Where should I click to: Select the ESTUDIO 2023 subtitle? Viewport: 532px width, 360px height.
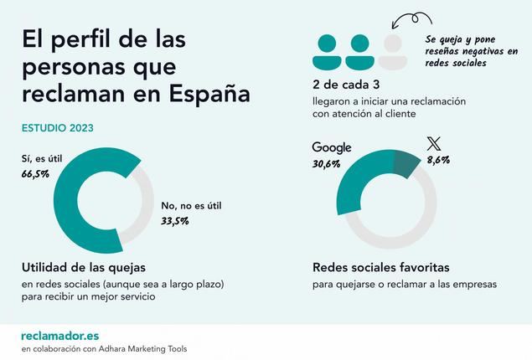point(57,128)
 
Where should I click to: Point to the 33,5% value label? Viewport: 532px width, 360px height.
point(175,221)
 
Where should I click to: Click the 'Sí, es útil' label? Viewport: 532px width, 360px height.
point(43,158)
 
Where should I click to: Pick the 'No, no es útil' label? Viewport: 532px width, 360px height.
point(193,206)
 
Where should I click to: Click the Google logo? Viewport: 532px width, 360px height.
point(332,148)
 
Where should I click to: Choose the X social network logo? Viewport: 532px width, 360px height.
point(433,143)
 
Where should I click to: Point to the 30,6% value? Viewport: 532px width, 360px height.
point(327,164)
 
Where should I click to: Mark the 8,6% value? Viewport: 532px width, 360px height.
point(438,159)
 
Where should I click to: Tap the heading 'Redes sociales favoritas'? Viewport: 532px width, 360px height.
point(381,268)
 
